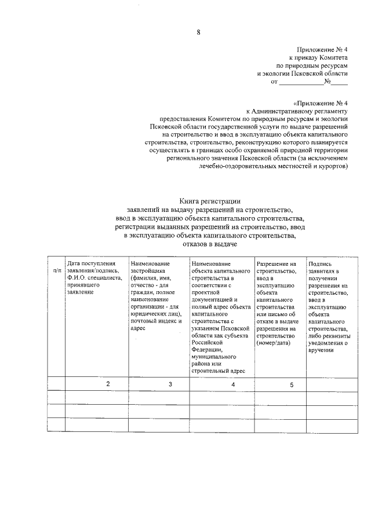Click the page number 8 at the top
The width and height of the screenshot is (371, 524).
[x=198, y=32]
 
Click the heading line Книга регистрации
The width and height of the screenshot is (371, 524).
[x=210, y=201]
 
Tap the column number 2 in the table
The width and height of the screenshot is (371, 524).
[x=107, y=384]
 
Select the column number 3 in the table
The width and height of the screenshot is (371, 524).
[x=170, y=384]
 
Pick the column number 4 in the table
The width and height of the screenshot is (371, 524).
[x=233, y=384]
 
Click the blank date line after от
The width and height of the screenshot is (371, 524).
[x=301, y=82]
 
